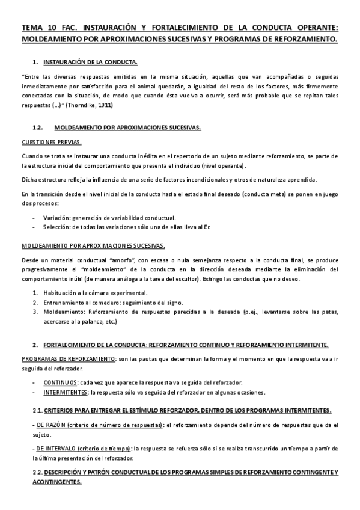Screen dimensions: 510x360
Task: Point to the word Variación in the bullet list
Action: point(57,217)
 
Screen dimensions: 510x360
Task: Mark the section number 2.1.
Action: point(37,410)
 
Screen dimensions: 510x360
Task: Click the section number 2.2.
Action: point(37,473)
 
